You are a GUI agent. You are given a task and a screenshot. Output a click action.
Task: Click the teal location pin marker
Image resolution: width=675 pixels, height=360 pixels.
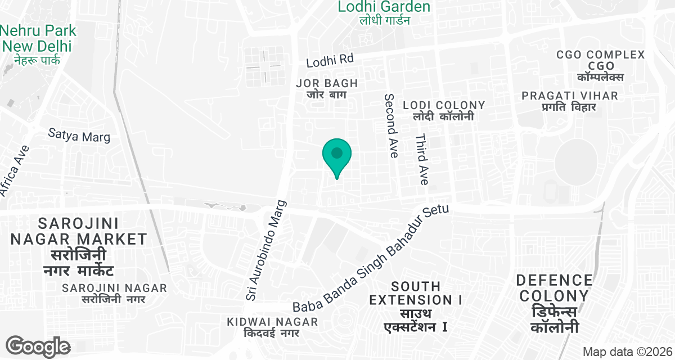pos(337,155)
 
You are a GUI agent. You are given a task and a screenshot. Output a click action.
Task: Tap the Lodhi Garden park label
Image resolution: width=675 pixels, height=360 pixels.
pos(384,12)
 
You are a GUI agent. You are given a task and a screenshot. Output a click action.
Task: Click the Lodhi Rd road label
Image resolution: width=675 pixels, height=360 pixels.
pos(330,60)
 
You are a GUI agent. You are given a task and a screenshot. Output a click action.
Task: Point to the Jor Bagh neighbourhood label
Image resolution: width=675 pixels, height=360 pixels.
pos(327,88)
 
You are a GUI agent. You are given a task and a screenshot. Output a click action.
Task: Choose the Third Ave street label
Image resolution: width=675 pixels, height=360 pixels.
pos(422,159)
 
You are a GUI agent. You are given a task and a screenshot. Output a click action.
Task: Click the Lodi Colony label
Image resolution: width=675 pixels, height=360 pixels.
pos(444,110)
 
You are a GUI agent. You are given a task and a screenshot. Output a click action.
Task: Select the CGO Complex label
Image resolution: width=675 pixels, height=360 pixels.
pos(600,66)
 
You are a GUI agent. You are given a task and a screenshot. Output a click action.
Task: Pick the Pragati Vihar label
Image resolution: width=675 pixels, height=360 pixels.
pos(569,101)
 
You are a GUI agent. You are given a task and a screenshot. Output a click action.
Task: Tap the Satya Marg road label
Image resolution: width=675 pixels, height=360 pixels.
pos(79,136)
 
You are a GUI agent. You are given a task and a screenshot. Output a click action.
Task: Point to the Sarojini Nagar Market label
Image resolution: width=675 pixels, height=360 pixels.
pos(79,247)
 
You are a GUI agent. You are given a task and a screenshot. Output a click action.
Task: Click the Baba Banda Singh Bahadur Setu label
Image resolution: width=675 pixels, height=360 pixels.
pos(371,259)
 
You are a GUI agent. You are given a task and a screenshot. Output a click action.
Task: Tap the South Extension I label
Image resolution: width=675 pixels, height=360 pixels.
pos(416,306)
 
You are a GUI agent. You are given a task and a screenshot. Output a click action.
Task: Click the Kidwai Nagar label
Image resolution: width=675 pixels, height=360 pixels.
pos(272,327)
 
